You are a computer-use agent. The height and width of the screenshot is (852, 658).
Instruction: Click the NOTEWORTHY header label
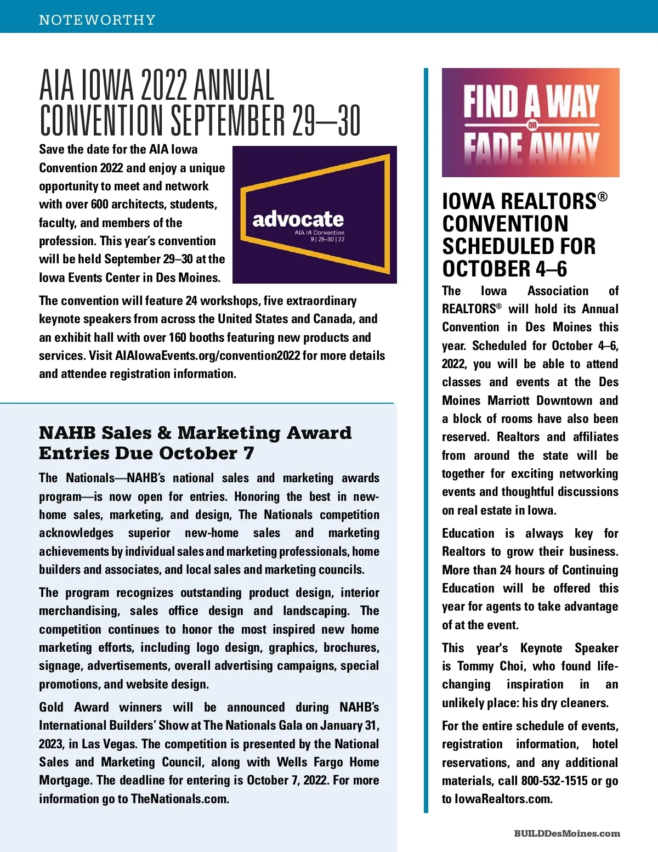[x=97, y=20]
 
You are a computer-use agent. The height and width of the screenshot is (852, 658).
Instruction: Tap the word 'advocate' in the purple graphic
[x=298, y=219]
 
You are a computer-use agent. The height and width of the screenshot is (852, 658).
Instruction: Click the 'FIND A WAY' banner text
[x=530, y=101]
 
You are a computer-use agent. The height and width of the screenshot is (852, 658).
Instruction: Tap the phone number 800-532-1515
[x=554, y=781]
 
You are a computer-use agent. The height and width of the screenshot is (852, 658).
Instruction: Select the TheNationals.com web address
[x=179, y=799]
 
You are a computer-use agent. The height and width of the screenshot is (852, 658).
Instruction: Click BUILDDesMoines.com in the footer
[x=567, y=833]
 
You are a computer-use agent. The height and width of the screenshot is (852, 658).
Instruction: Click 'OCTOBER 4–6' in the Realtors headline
[x=504, y=269]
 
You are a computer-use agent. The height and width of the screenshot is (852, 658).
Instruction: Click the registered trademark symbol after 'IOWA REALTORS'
[x=603, y=196]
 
